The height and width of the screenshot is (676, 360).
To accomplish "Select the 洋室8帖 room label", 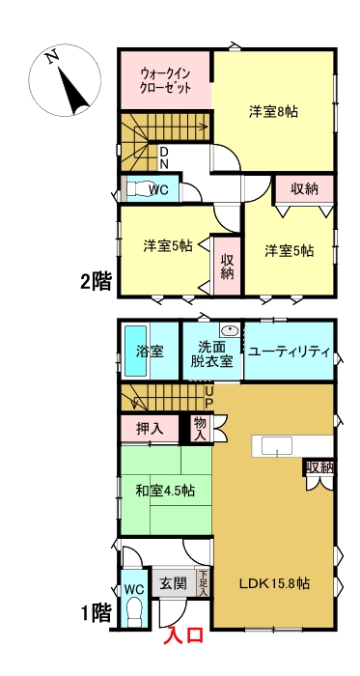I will pos(272,112).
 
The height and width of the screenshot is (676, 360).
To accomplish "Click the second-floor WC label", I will pos(158,189).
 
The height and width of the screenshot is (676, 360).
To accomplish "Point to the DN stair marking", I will pos(164,156).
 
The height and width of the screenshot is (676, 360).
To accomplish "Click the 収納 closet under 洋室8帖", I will pos(303,188).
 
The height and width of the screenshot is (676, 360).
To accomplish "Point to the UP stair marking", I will pos(208,396).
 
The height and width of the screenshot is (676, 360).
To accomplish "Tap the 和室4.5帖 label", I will pos(165,491).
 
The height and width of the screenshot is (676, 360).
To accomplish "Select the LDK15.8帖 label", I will pos(275,582).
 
